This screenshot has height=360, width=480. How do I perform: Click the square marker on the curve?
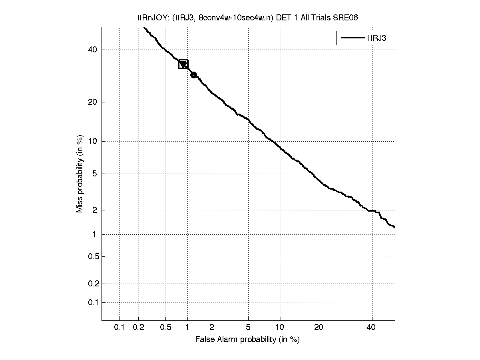183,64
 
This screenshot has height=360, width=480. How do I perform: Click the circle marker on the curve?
193,75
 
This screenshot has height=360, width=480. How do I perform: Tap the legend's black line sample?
352,38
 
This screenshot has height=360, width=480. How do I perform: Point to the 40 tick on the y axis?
93,50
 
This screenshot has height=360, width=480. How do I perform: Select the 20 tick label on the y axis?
93,102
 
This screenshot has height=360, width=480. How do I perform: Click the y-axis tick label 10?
93,141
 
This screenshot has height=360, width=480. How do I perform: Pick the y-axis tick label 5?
95,174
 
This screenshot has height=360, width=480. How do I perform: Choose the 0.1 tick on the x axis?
120,328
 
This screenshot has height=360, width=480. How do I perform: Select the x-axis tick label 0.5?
165,328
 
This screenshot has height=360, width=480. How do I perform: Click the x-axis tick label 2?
212,328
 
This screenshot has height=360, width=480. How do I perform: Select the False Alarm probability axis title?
247,340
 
